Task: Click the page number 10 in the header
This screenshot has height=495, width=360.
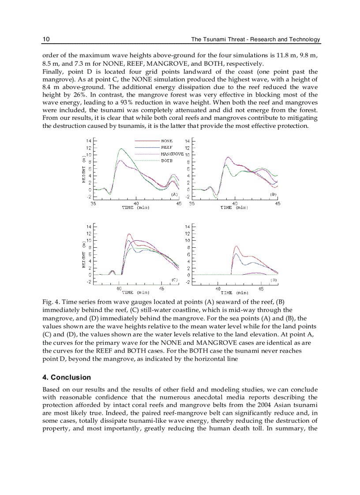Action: pyautogui.click(x=46, y=39)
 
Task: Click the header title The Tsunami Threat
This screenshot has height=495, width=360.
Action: pyautogui.click(x=255, y=39)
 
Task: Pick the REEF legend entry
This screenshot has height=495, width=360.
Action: pyautogui.click(x=166, y=147)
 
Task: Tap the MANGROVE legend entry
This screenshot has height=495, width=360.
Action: pyautogui.click(x=172, y=154)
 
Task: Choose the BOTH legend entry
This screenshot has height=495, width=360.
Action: pyautogui.click(x=166, y=160)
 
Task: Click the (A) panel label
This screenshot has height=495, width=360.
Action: pyautogui.click(x=174, y=194)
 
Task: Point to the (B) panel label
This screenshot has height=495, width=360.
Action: pyautogui.click(x=273, y=194)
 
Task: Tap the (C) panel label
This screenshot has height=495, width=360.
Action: pyautogui.click(x=174, y=279)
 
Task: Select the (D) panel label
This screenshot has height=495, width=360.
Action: pyautogui.click(x=274, y=279)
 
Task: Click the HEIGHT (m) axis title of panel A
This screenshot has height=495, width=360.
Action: pyautogui.click(x=83, y=169)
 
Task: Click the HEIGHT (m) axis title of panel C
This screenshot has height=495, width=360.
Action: pyautogui.click(x=83, y=254)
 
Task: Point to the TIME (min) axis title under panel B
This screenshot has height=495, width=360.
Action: pyautogui.click(x=234, y=207)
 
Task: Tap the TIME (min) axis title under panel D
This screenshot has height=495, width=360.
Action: pyautogui.click(x=234, y=292)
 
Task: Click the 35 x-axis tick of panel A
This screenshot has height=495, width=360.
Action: pyautogui.click(x=94, y=203)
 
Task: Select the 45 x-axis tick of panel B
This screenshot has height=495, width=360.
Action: pyautogui.click(x=277, y=203)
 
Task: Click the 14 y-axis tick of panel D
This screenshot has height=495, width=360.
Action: pyautogui.click(x=187, y=227)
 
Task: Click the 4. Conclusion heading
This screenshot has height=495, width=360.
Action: pyautogui.click(x=67, y=377)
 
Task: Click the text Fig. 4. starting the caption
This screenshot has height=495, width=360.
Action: pyautogui.click(x=51, y=302)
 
